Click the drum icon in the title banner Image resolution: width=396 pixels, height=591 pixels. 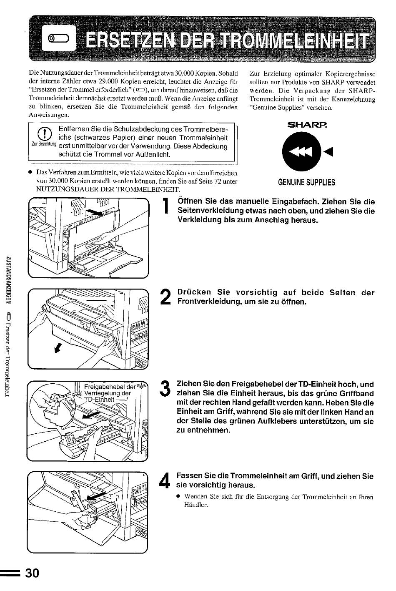click(58, 39)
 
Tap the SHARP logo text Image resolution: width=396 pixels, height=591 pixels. click(307, 125)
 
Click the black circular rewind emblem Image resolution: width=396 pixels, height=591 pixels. click(302, 152)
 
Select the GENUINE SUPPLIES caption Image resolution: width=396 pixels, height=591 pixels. click(307, 182)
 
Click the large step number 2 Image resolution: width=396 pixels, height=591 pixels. click(165, 297)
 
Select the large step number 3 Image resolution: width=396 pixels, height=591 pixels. click(165, 388)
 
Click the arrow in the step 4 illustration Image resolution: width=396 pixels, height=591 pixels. click(96, 497)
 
